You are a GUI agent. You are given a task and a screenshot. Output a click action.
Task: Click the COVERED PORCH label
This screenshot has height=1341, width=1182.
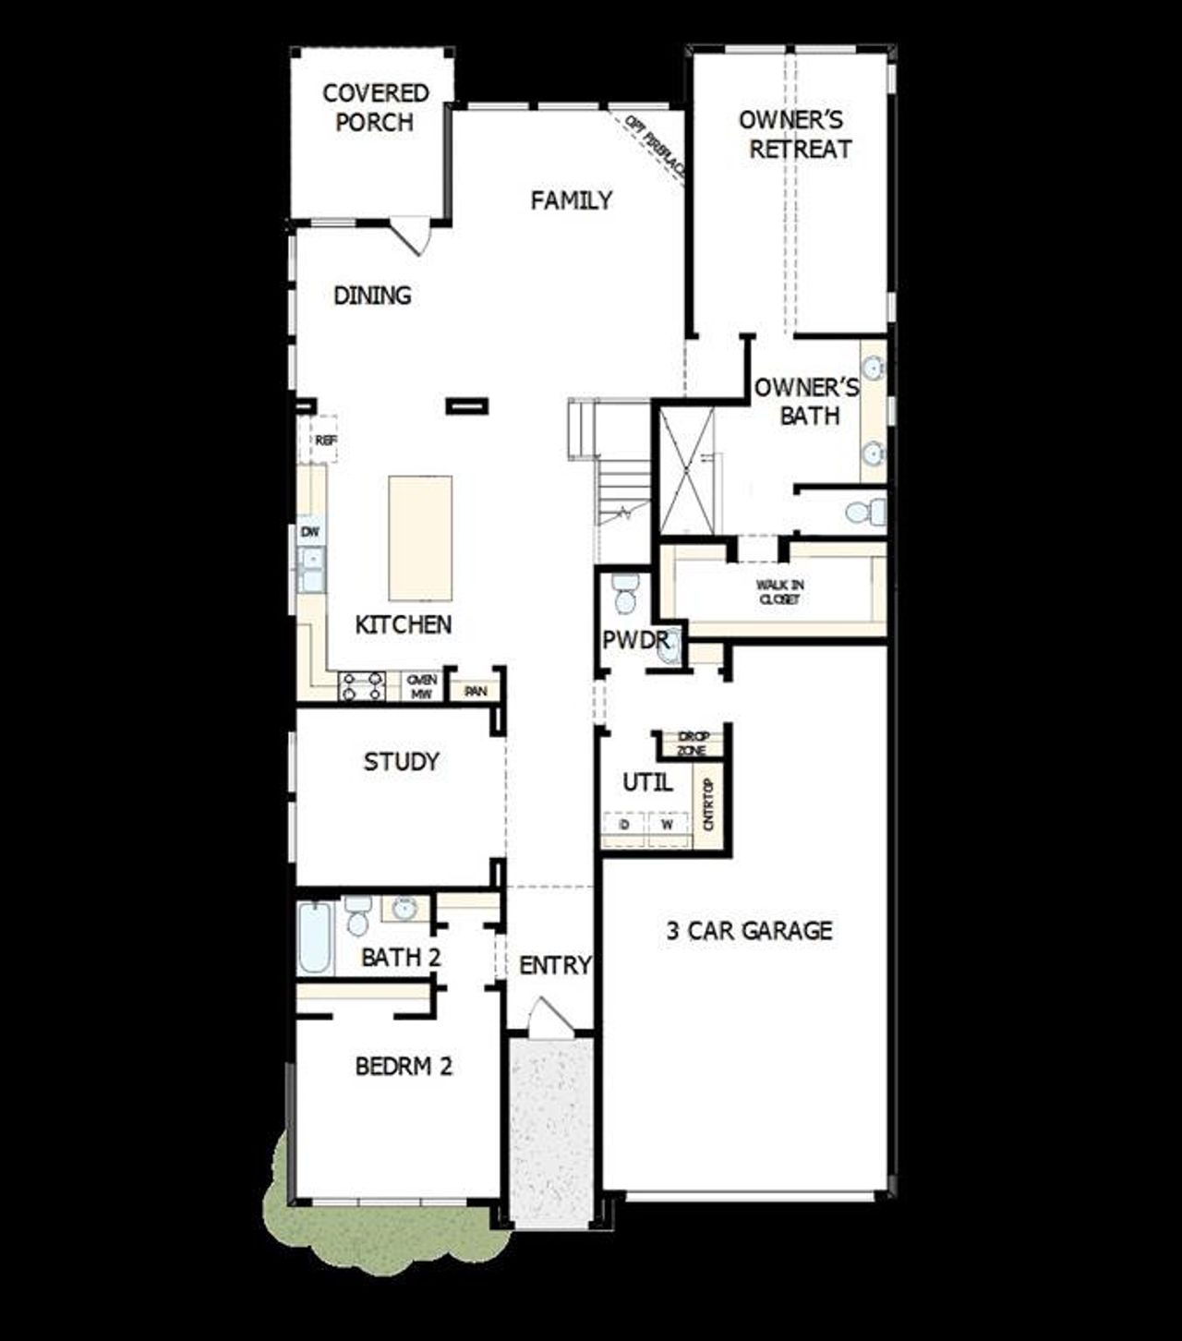[375, 107]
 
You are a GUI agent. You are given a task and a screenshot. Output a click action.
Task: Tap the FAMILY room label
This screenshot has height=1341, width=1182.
[571, 200]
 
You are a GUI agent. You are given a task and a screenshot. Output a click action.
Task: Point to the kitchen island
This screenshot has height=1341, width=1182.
[420, 538]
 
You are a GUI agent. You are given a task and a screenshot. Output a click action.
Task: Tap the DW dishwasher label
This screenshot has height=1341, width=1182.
[310, 532]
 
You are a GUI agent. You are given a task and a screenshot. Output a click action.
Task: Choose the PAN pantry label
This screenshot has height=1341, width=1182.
[476, 691]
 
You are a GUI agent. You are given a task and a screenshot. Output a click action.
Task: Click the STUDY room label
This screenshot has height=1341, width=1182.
[401, 762]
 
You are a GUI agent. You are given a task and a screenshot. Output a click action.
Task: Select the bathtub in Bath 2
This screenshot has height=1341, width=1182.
[314, 938]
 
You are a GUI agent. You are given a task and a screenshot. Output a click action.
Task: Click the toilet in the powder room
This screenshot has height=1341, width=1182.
[625, 593]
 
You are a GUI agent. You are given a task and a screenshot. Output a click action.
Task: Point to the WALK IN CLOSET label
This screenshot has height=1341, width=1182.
[780, 591]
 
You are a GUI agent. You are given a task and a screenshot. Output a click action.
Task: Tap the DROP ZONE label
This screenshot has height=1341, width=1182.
[692, 743]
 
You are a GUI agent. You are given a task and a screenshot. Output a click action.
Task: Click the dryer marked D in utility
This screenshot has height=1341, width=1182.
[625, 824]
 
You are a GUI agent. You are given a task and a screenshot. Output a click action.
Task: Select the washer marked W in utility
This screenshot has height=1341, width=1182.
[668, 824]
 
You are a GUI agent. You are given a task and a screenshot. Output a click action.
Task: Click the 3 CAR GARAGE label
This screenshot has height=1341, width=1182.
[749, 930]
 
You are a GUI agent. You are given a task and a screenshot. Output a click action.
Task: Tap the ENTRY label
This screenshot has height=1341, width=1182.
[554, 965]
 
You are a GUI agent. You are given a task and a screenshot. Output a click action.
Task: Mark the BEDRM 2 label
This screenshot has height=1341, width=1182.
[404, 1067]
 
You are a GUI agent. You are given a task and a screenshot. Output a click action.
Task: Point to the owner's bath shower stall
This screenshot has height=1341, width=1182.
[686, 471]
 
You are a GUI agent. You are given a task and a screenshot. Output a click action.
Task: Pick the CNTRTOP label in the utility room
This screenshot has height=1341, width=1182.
[709, 804]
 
